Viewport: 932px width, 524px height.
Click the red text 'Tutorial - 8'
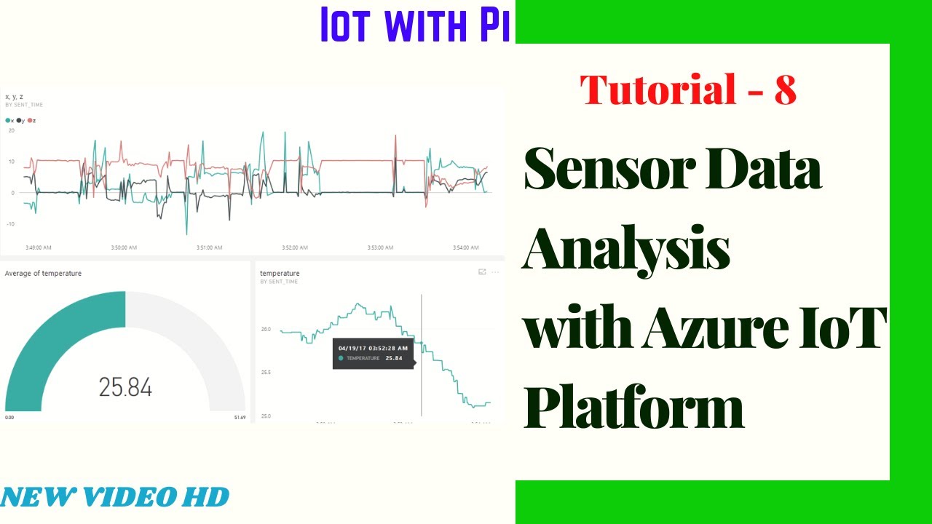coord(687,91)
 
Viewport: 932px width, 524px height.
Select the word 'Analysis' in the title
coord(626,250)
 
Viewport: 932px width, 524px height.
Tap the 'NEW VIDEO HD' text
coord(115,497)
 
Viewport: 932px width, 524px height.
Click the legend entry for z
coord(31,120)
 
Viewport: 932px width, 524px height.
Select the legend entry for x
coord(9,120)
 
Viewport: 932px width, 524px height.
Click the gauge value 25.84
coord(125,387)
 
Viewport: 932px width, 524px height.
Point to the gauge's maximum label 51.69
coord(240,418)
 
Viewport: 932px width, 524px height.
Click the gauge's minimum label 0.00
coord(9,418)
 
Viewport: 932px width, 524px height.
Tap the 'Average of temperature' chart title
coord(43,274)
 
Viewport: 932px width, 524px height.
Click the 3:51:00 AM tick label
coord(209,247)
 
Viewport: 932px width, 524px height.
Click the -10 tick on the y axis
coord(10,223)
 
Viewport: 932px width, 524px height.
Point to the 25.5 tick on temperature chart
coord(266,373)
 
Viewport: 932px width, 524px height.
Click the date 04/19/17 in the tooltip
coord(351,348)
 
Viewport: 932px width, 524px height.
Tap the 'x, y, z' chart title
coord(15,96)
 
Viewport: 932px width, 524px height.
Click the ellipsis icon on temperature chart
coord(495,272)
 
